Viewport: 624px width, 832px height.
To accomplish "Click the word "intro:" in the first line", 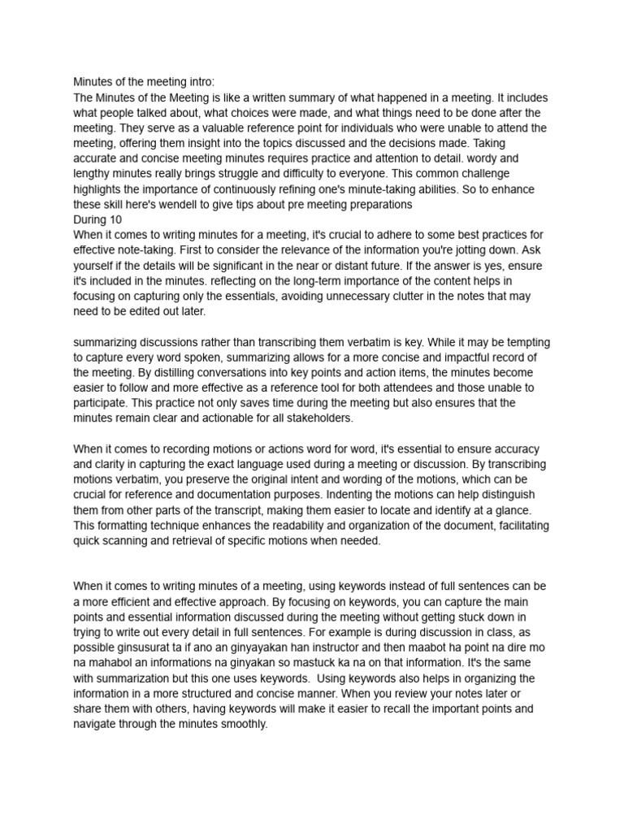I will point(199,82).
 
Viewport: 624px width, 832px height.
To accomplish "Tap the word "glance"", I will point(509,510).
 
